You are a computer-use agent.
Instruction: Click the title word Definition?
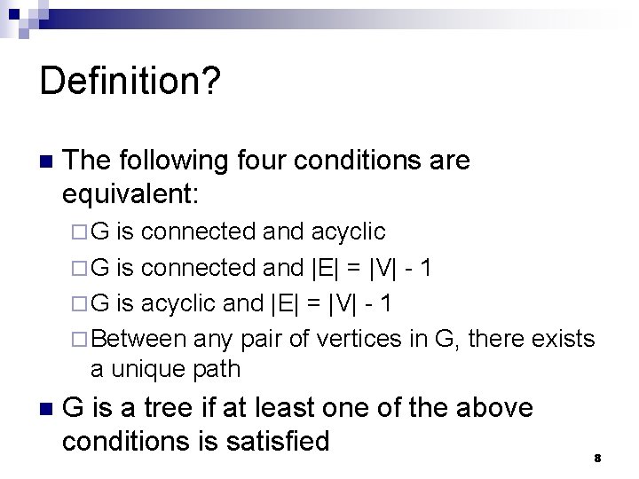coord(130,82)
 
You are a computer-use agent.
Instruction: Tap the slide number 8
coord(597,458)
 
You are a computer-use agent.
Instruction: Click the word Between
coord(138,338)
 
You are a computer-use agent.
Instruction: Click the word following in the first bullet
coord(177,161)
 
